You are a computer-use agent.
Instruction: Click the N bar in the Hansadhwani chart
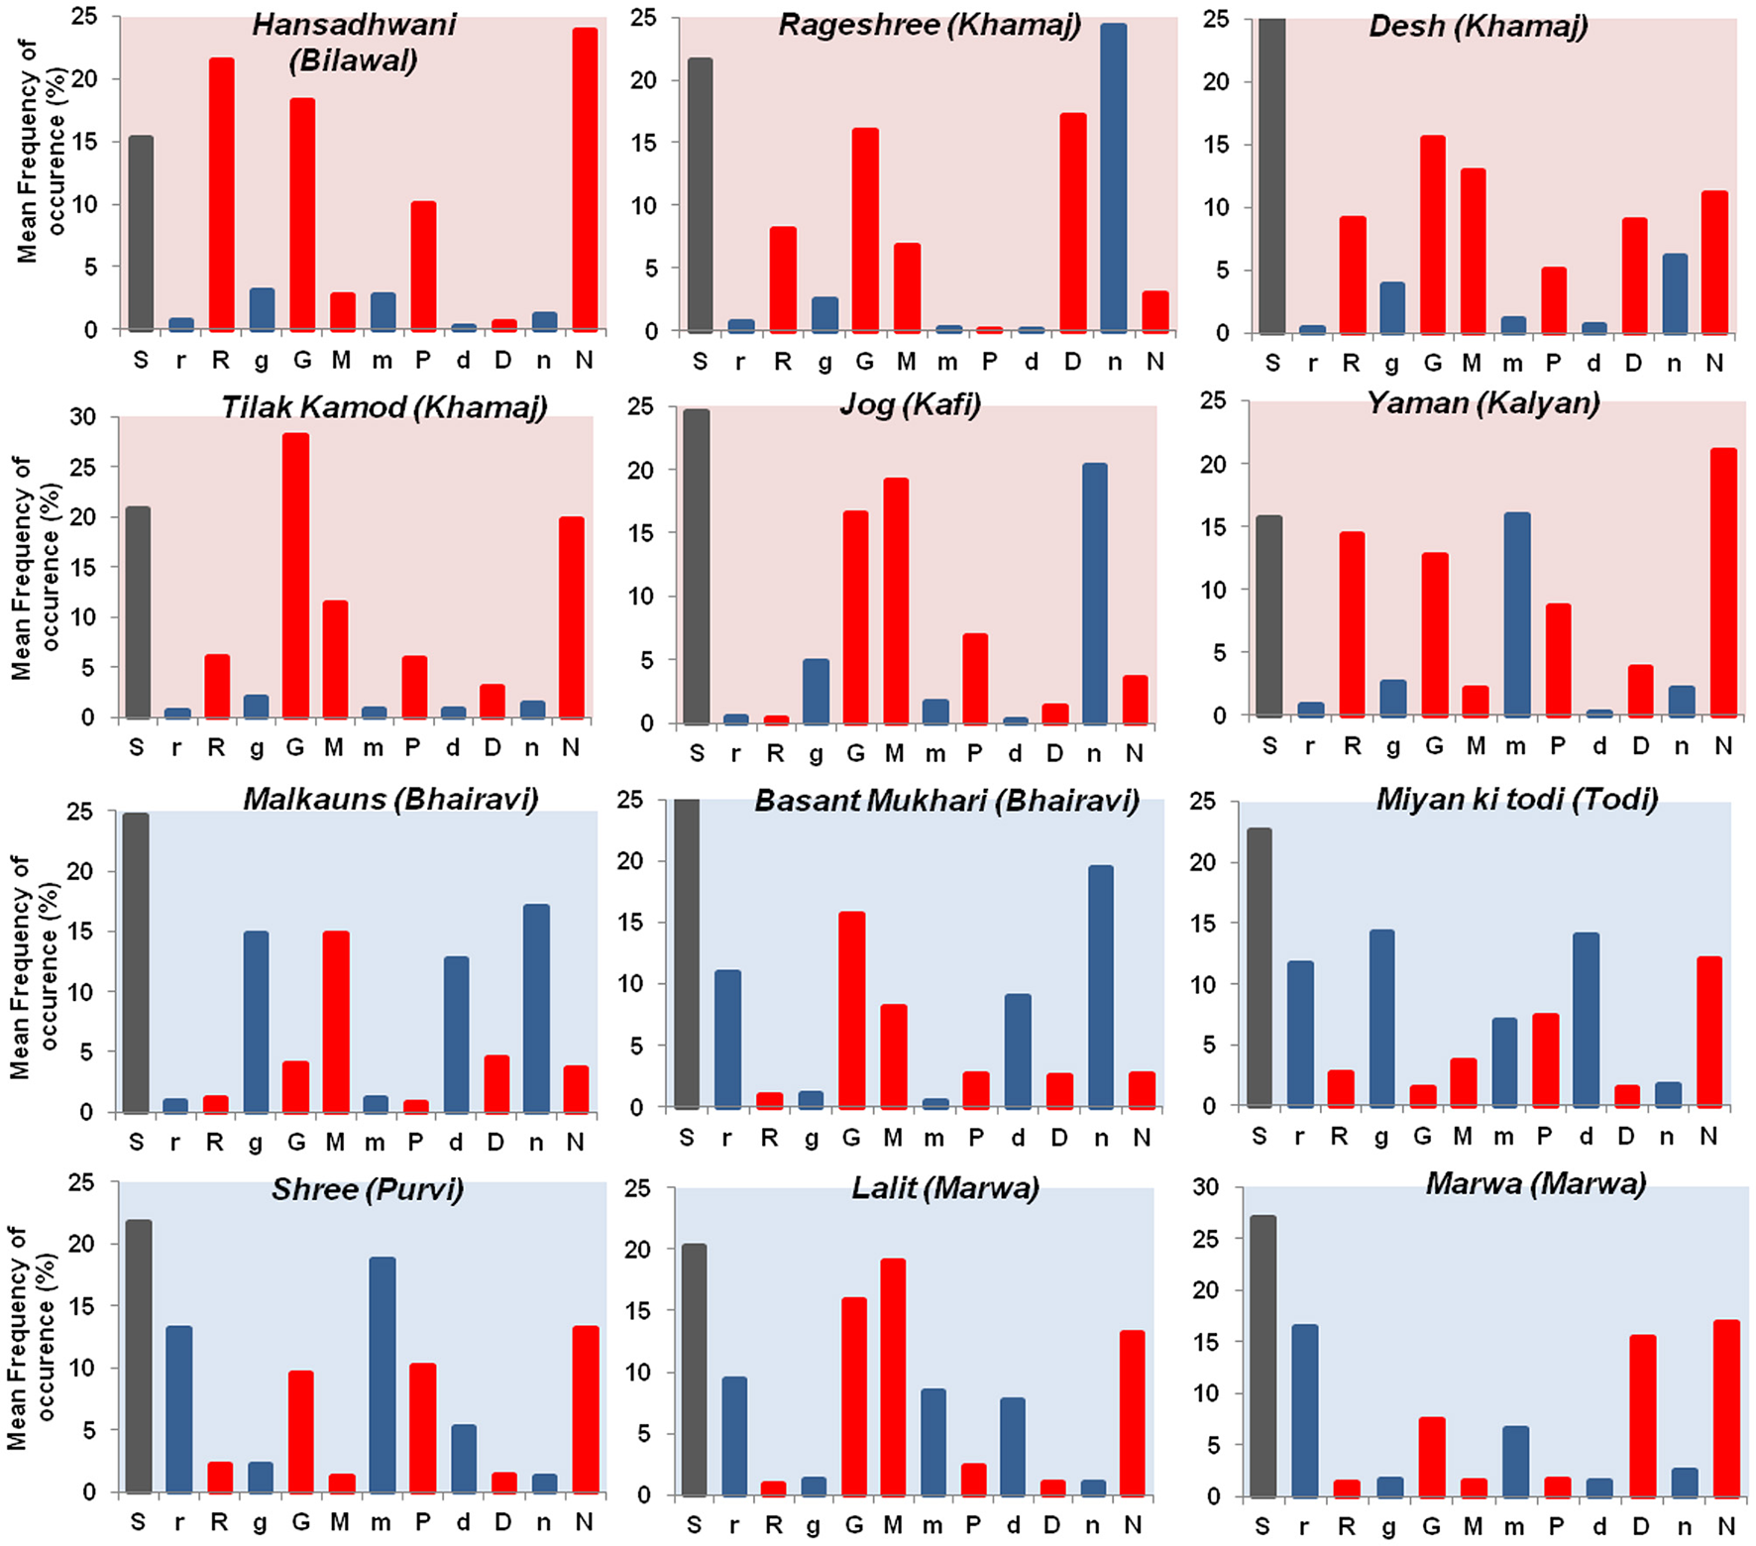(x=585, y=178)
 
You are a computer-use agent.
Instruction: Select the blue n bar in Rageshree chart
(x=1114, y=178)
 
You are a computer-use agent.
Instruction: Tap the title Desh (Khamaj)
(x=1478, y=26)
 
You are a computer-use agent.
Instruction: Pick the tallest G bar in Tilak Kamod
(x=295, y=575)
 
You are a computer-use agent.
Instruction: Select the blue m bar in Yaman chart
(x=1516, y=614)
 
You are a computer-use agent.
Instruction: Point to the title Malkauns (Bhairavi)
(x=390, y=799)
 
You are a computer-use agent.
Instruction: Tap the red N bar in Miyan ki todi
(x=1708, y=1031)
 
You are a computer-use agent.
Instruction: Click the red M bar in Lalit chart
(x=893, y=1377)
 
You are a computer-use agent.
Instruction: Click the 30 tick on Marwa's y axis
(x=1205, y=1187)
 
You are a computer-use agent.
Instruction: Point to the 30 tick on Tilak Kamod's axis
(x=83, y=417)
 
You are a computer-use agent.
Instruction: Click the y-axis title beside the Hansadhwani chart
(x=41, y=151)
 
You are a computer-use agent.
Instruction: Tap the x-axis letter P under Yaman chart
(x=1557, y=746)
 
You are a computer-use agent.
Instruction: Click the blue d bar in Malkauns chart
(x=456, y=1035)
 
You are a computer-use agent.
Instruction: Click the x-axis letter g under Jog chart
(x=816, y=754)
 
